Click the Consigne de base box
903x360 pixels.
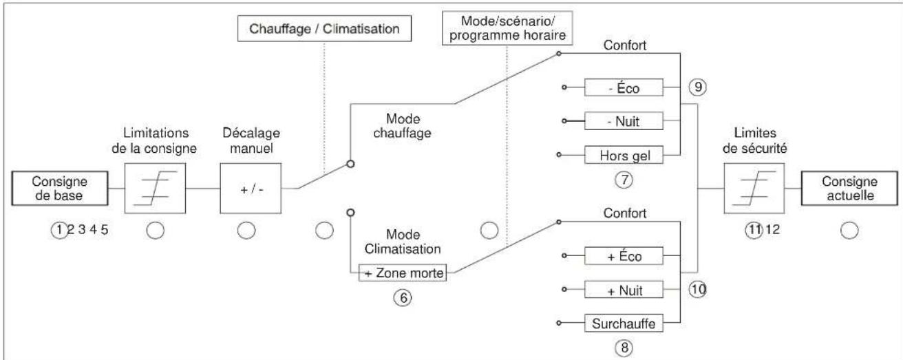(x=60, y=189)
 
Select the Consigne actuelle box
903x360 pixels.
(x=849, y=189)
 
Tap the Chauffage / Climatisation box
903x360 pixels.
(x=325, y=28)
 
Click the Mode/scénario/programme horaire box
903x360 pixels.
(x=507, y=28)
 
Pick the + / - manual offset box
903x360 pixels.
(x=251, y=189)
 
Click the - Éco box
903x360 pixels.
(x=624, y=87)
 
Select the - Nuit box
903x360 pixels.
(x=624, y=120)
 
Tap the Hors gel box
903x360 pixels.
(x=624, y=154)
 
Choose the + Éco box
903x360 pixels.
(x=624, y=255)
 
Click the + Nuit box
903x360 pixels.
(x=624, y=290)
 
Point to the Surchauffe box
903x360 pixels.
(x=624, y=323)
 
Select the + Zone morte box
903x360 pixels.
(x=403, y=273)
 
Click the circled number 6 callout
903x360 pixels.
(x=403, y=298)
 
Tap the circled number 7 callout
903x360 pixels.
(x=624, y=180)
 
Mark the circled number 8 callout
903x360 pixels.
(x=624, y=347)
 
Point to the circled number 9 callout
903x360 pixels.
(x=697, y=87)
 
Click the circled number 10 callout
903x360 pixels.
(x=697, y=290)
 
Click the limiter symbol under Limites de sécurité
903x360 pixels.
(x=754, y=189)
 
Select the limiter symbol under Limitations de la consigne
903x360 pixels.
(x=155, y=189)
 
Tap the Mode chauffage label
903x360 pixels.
(x=403, y=126)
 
